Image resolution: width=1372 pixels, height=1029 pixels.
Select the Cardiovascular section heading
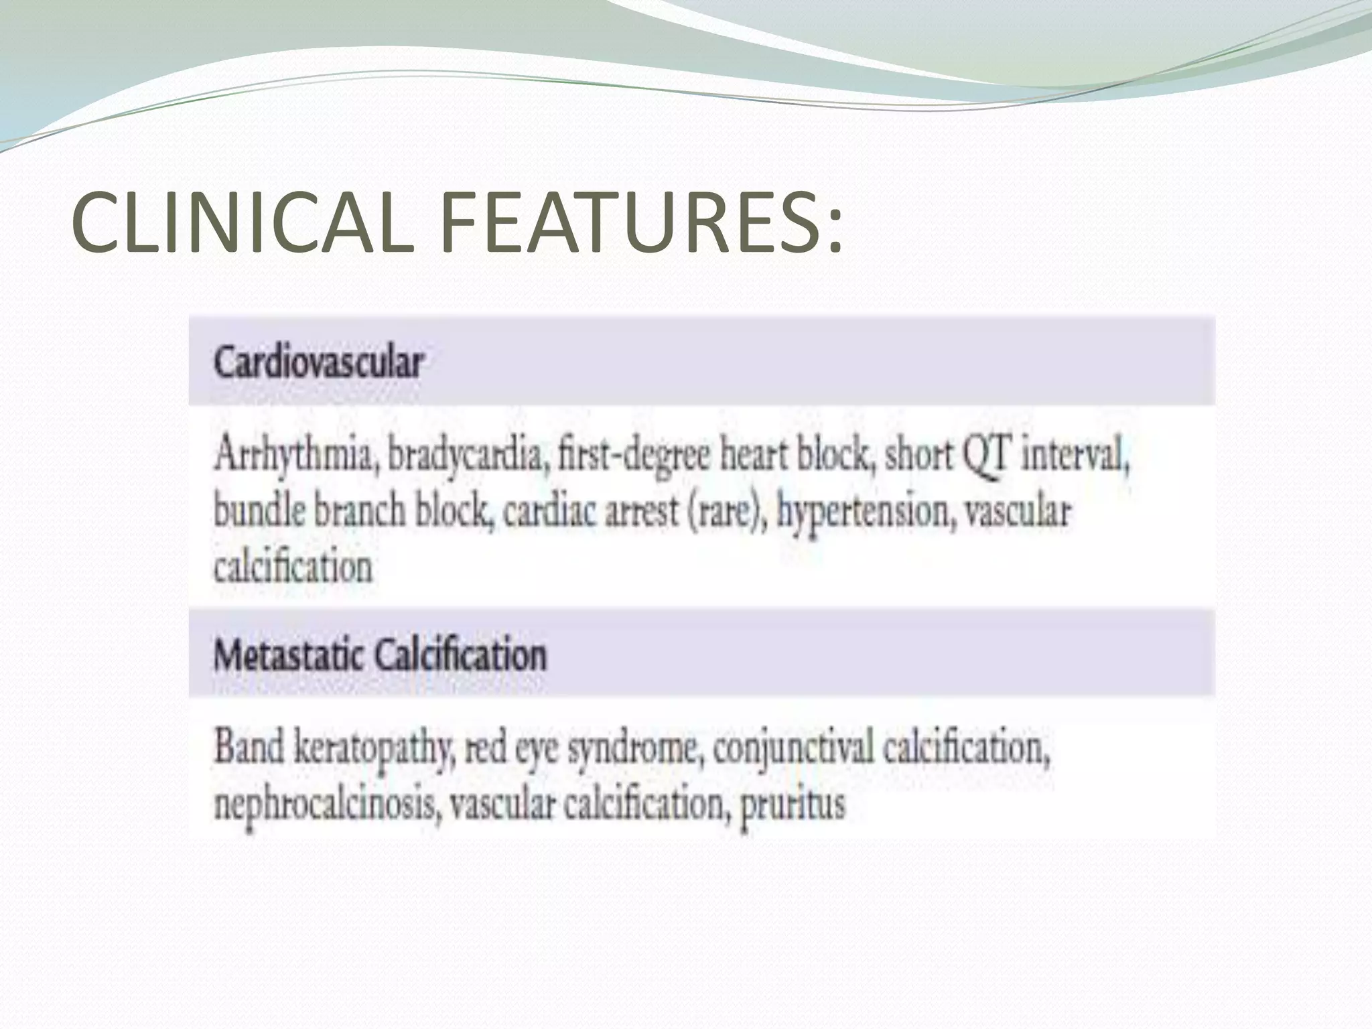point(319,364)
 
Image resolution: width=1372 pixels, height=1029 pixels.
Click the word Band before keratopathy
point(249,747)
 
